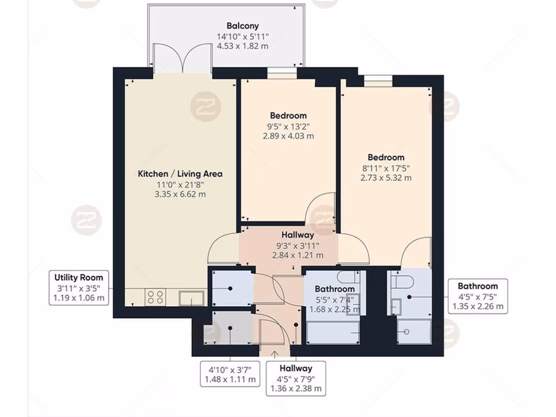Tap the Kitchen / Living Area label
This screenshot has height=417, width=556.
point(180,174)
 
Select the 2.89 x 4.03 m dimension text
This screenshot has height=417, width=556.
point(288,136)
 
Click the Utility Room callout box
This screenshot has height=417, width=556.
point(79,288)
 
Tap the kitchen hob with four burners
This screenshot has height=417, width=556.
point(156,298)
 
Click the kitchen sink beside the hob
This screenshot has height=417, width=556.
point(193,298)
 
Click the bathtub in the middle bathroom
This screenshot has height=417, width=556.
point(333,332)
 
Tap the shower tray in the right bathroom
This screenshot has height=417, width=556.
point(414,331)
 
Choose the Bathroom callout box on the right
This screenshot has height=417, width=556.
point(478,296)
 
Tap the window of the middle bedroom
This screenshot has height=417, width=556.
point(282,70)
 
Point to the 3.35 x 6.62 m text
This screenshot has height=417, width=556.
point(180,194)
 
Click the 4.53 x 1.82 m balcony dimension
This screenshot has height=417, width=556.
point(242,46)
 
